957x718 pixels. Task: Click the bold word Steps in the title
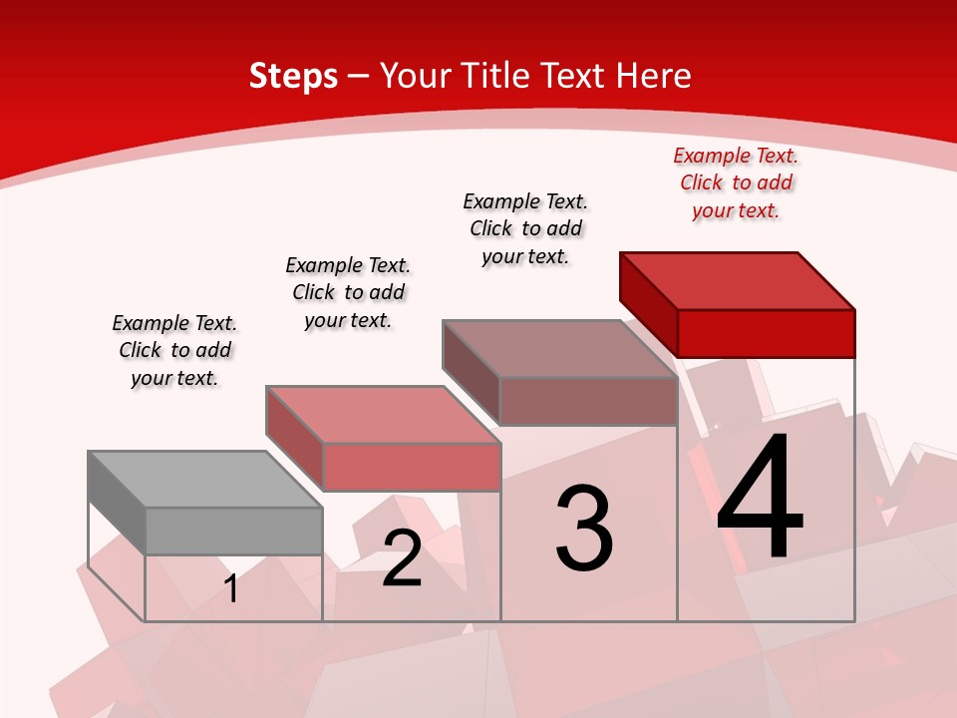293,76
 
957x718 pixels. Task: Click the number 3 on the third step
583,528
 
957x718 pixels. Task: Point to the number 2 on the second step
402,557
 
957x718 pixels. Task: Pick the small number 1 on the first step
231,588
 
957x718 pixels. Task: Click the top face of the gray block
204,479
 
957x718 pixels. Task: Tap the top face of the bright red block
738,280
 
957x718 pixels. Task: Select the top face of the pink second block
382,414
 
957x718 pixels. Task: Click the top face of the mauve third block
559,348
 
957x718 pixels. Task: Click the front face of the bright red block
766,333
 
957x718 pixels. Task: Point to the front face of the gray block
233,531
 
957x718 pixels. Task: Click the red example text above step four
736,182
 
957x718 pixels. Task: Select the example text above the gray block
174,350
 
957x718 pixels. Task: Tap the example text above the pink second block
348,292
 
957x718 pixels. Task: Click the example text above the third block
525,228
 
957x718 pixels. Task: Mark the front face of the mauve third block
588,401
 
